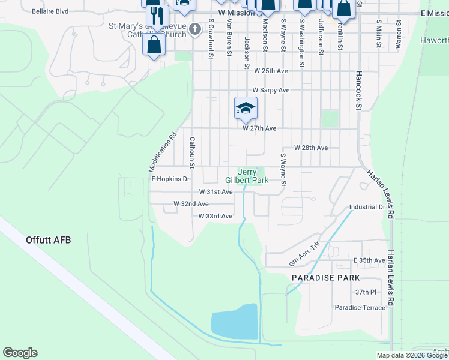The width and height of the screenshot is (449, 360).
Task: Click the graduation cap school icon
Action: tap(246, 108)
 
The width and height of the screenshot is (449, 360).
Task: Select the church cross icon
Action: tap(195, 29)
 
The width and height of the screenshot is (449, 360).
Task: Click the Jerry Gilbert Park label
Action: tap(246, 175)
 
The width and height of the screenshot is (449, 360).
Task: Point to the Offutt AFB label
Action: tap(48, 240)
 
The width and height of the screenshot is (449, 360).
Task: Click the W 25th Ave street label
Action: tap(271, 71)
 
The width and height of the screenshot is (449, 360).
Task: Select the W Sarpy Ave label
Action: tap(271, 90)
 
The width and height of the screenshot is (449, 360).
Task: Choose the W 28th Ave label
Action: tap(310, 148)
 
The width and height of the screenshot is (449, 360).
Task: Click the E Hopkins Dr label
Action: tap(170, 179)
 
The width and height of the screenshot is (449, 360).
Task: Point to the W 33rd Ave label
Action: tap(215, 216)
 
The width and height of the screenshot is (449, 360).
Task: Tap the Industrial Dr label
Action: tap(367, 207)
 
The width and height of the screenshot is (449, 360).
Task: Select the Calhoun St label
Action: tap(193, 152)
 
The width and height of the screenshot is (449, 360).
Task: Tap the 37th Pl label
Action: tap(365, 292)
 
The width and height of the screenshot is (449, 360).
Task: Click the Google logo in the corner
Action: tap(20, 353)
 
